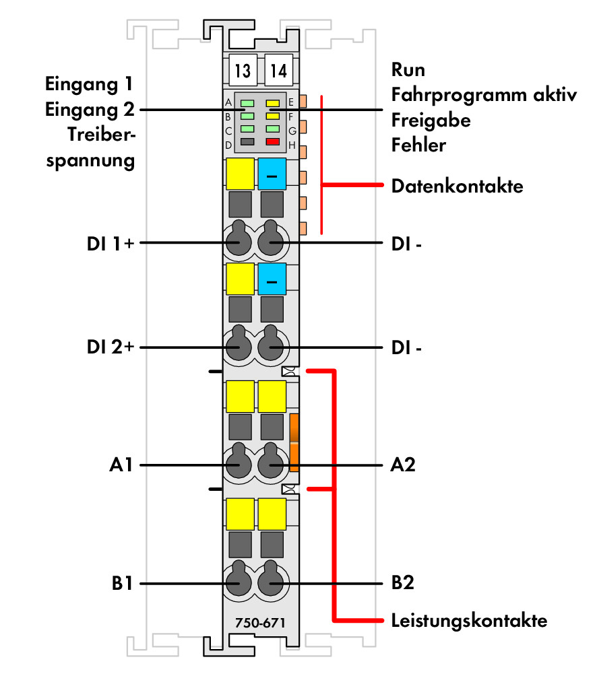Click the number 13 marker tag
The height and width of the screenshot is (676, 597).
click(243, 70)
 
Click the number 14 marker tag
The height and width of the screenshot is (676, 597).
click(279, 70)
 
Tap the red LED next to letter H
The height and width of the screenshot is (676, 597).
click(273, 142)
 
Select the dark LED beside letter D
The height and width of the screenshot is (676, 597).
click(247, 142)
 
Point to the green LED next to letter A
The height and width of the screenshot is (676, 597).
click(247, 104)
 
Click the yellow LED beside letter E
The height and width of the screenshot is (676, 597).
click(273, 104)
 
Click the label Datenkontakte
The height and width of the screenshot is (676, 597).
click(458, 187)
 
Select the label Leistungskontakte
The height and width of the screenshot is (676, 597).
click(470, 621)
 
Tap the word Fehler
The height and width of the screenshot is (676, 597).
click(418, 145)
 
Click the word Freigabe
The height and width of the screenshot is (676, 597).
click(431, 121)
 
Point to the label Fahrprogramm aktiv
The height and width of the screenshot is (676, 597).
click(484, 96)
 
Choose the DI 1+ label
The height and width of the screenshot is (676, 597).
click(111, 244)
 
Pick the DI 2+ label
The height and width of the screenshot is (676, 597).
click(111, 347)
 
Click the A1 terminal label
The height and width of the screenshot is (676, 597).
click(121, 465)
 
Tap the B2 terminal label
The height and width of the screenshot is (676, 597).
click(402, 582)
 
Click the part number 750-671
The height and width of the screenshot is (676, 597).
click(260, 623)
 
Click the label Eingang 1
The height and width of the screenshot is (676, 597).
click(89, 85)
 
